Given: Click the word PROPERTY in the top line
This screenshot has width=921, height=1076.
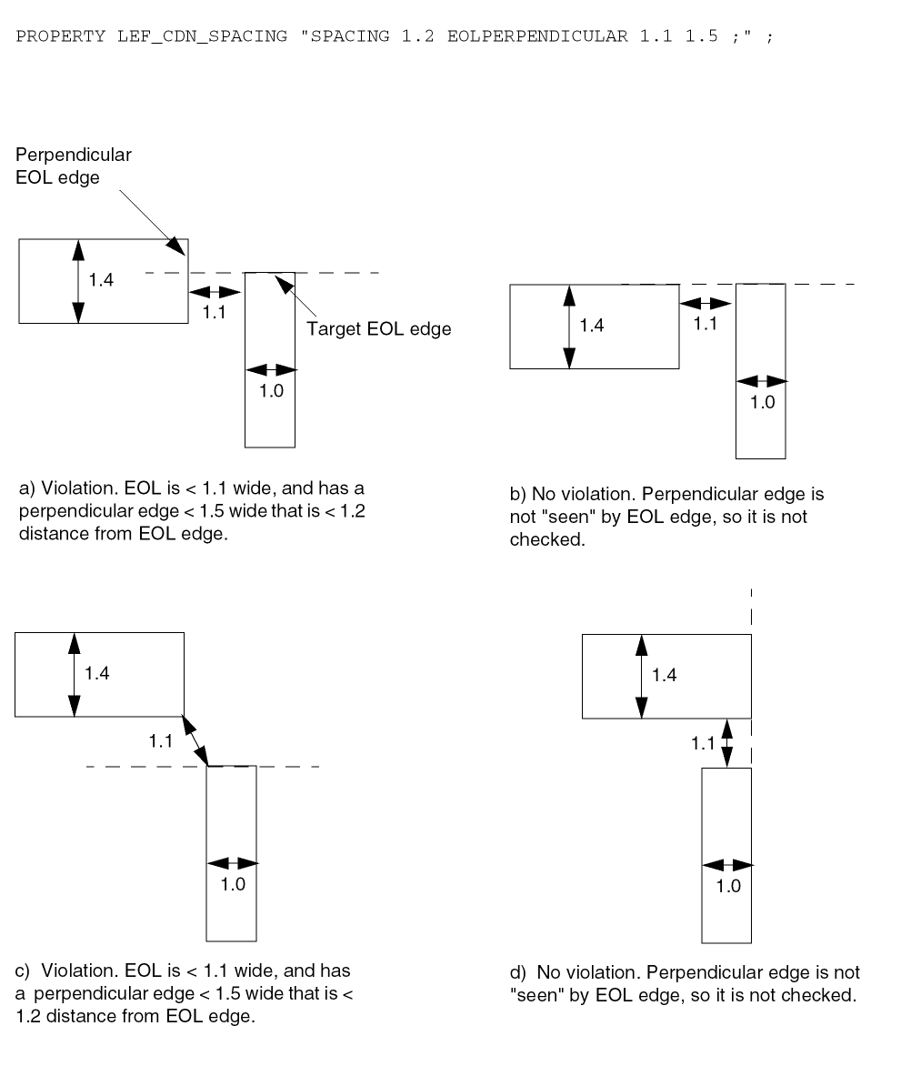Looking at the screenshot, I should tap(62, 36).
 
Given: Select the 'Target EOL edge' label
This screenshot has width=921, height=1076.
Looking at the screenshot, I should tap(379, 329).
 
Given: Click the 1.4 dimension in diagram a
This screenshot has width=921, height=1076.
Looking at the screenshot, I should tap(101, 280).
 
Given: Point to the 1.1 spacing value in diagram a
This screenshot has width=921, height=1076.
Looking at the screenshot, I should tap(215, 312).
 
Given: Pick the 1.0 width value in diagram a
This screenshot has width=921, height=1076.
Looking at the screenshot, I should tap(271, 393).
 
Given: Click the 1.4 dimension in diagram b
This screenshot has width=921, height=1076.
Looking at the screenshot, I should tap(591, 326).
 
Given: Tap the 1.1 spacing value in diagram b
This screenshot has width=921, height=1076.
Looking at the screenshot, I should tap(706, 324).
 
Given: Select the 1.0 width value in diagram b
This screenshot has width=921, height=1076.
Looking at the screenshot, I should tap(762, 403).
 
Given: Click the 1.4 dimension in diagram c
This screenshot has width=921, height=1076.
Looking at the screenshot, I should tap(97, 674).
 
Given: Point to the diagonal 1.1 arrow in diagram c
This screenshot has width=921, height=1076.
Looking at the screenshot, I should tap(195, 741).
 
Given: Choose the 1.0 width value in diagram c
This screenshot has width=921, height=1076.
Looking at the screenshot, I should tap(233, 884).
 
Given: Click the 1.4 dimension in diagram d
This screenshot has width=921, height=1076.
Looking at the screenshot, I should tap(665, 675).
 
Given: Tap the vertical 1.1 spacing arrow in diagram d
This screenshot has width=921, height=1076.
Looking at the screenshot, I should tap(726, 743).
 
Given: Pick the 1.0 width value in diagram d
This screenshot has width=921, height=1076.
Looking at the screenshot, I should tap(728, 887).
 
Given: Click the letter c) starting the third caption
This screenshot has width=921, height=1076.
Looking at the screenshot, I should tap(25, 971).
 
